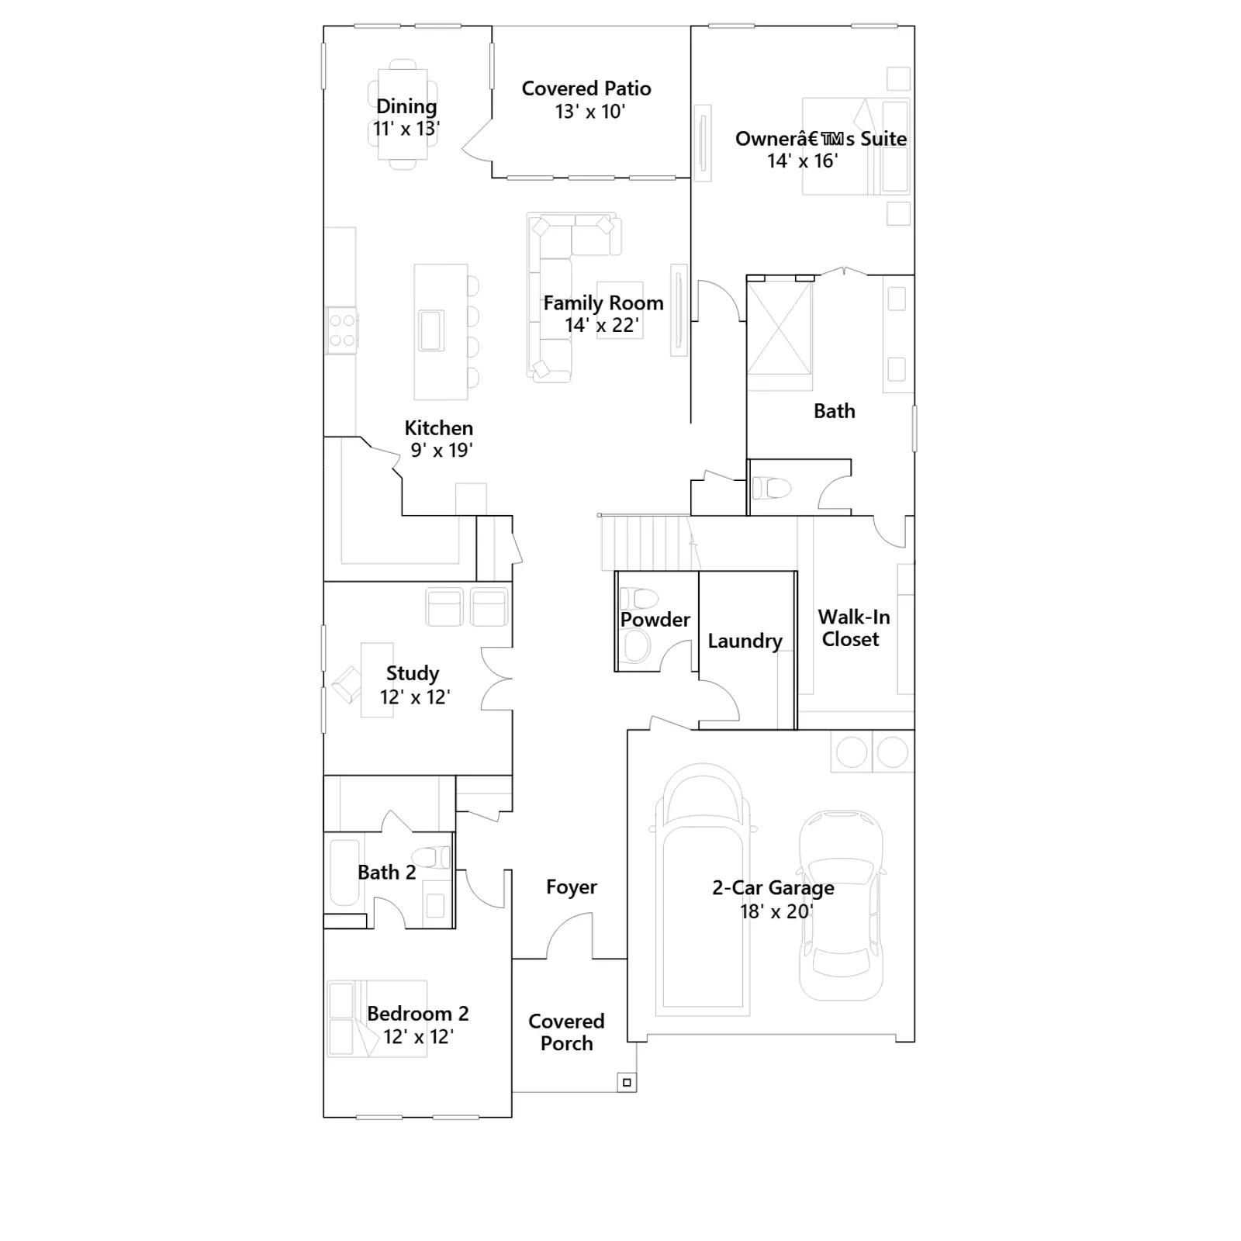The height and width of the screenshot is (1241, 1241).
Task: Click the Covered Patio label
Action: [586, 88]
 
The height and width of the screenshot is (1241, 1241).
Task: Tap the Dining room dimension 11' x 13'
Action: [406, 129]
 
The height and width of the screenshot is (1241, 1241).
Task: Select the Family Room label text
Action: [603, 302]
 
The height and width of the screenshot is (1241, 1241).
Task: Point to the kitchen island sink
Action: [431, 330]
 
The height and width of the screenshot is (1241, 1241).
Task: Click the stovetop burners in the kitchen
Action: [341, 330]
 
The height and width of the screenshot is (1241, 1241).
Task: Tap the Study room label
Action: [413, 673]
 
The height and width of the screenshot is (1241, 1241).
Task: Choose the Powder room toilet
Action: [639, 598]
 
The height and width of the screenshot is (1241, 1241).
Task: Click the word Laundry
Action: [745, 641]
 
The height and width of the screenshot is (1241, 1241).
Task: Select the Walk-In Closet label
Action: [853, 628]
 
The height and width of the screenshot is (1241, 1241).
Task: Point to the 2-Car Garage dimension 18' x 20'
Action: [776, 911]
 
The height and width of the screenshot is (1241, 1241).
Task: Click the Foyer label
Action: [572, 887]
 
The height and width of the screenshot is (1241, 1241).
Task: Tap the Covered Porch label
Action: [567, 1032]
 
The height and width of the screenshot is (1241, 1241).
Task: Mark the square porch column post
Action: [627, 1082]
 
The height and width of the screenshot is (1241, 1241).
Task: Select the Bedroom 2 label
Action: [418, 1014]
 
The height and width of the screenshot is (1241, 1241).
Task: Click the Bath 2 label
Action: [387, 873]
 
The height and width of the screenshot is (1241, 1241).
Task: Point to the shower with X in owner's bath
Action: [780, 336]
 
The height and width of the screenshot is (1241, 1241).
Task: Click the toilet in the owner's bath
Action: [772, 488]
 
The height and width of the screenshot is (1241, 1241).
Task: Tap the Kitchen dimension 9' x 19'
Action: [441, 451]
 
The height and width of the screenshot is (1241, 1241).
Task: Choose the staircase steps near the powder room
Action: [646, 543]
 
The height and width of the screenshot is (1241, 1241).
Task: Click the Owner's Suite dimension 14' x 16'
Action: [803, 161]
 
